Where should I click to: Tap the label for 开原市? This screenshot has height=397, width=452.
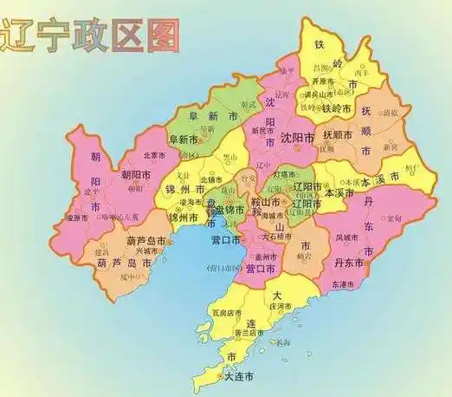click(326, 81)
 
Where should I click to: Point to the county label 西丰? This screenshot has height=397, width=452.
click(361, 74)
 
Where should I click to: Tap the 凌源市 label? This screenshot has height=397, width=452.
click(78, 218)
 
